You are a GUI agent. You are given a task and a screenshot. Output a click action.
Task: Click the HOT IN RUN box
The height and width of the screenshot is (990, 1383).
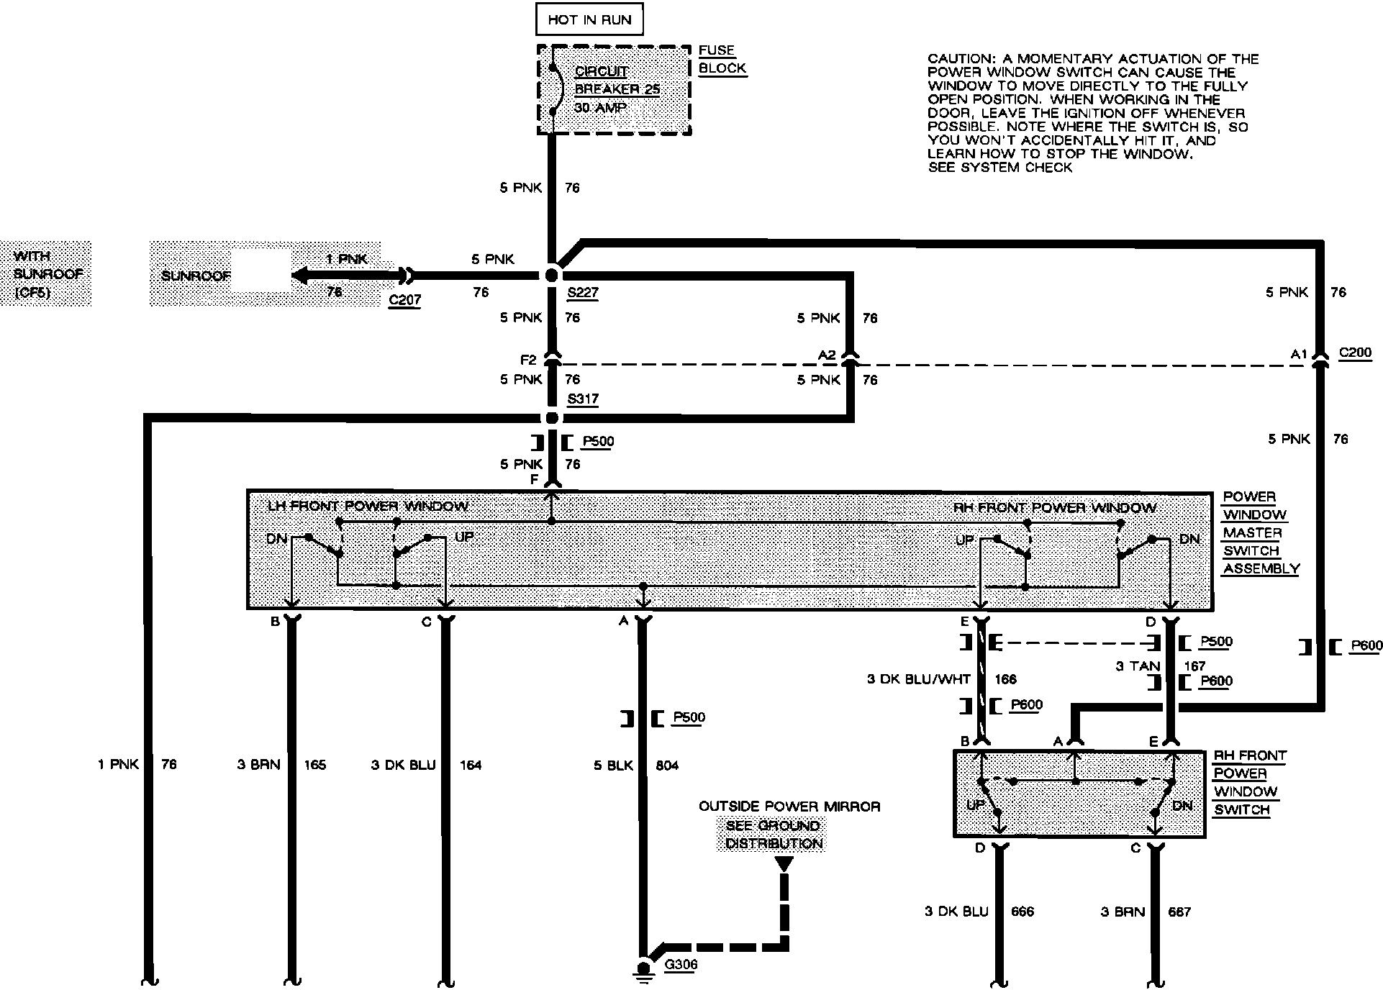[x=589, y=20]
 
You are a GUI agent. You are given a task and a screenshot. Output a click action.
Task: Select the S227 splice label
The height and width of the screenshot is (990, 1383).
[x=582, y=293]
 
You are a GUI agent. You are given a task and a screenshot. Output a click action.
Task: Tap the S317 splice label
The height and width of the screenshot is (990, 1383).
[x=582, y=399]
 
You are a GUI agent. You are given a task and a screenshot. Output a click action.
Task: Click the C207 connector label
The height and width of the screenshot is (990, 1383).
[x=404, y=300]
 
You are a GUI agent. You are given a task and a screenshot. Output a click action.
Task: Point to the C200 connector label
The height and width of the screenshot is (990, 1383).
[x=1355, y=353]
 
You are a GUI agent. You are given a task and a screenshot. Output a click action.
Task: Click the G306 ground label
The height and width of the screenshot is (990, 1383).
[x=680, y=965]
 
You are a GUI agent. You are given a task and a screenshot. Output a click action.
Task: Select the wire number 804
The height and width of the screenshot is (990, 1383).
[x=666, y=766]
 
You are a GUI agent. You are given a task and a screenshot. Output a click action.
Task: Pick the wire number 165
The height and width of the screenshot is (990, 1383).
[x=314, y=765]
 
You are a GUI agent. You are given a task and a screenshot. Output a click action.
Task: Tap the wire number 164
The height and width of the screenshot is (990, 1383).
[x=470, y=765]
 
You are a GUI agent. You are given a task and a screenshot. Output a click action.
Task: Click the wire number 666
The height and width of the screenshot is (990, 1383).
[x=1022, y=912]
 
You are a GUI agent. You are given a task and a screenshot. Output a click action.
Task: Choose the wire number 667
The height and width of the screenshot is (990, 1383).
[x=1179, y=912]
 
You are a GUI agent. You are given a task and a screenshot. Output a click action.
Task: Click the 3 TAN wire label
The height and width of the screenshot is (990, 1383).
[x=1138, y=666]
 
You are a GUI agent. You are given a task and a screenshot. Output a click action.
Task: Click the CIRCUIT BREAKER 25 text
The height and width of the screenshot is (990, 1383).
[x=617, y=81]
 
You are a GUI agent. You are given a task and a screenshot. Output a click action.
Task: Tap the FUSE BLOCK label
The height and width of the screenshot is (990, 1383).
[x=722, y=60]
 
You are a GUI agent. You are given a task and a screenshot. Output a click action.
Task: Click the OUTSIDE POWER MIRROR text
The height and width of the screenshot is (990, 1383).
[x=789, y=807]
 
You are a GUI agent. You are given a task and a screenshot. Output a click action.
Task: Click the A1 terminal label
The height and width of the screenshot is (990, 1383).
[x=1298, y=354]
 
